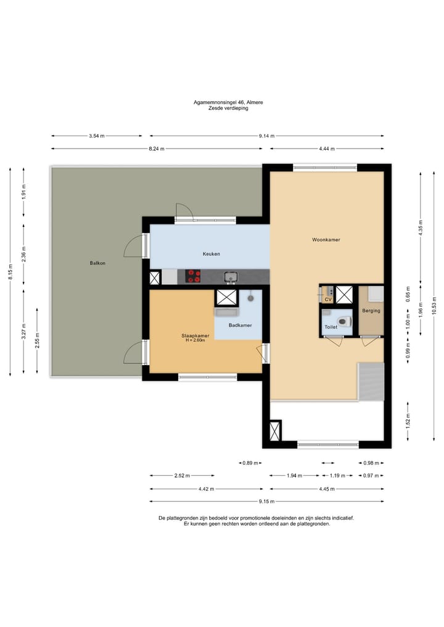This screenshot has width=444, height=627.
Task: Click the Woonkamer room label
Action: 326,240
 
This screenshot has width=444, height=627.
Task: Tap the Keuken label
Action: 211,254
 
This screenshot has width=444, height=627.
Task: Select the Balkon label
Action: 97,263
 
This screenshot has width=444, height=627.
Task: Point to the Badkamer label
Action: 240,326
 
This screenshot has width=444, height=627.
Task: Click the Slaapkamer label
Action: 195,336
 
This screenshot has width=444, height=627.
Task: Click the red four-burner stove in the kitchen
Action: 194,276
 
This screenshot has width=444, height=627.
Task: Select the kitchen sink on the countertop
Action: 231,276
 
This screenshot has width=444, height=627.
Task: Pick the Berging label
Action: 371,311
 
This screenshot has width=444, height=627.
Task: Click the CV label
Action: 329,300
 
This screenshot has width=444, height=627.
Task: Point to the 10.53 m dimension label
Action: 434,306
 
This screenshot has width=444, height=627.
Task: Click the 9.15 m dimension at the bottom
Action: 266,501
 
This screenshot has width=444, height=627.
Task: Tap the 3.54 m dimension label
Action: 96,136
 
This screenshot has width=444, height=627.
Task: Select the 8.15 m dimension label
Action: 10,272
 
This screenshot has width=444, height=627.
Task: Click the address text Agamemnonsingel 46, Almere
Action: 228,102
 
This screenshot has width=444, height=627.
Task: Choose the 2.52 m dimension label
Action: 182,476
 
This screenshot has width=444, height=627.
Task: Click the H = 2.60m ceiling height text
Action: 195,340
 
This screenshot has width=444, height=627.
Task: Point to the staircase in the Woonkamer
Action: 371,382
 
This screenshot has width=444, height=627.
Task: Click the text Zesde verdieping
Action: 228,108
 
